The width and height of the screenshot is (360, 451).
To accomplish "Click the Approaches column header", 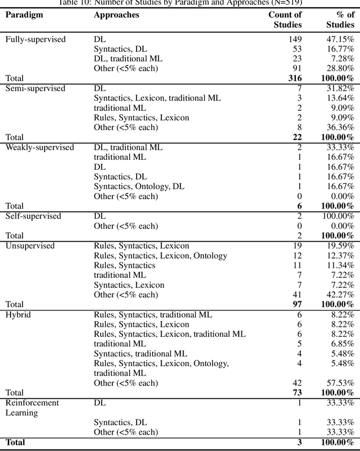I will [x=116, y=15].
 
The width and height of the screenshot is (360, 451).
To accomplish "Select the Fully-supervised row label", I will [x=35, y=39].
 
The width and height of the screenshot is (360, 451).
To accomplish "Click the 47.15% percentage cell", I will [x=340, y=39].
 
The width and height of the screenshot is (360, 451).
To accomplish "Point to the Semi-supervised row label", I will [x=35, y=89].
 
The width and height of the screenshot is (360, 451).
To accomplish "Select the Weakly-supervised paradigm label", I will [x=39, y=147].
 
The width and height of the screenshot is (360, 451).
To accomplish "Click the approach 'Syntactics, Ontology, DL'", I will [x=139, y=186].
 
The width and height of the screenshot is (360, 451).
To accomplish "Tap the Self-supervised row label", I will [x=33, y=216].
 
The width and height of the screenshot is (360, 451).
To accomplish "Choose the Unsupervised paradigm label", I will [x=30, y=246].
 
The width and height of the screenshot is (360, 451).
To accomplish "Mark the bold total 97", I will [x=296, y=304].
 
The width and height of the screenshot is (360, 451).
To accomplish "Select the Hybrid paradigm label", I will [x=18, y=314].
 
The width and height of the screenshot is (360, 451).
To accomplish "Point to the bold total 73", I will [x=296, y=393].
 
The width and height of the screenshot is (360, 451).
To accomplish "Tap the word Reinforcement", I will [x=32, y=403].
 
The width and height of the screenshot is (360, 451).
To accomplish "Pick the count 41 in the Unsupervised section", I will [x=297, y=295].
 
